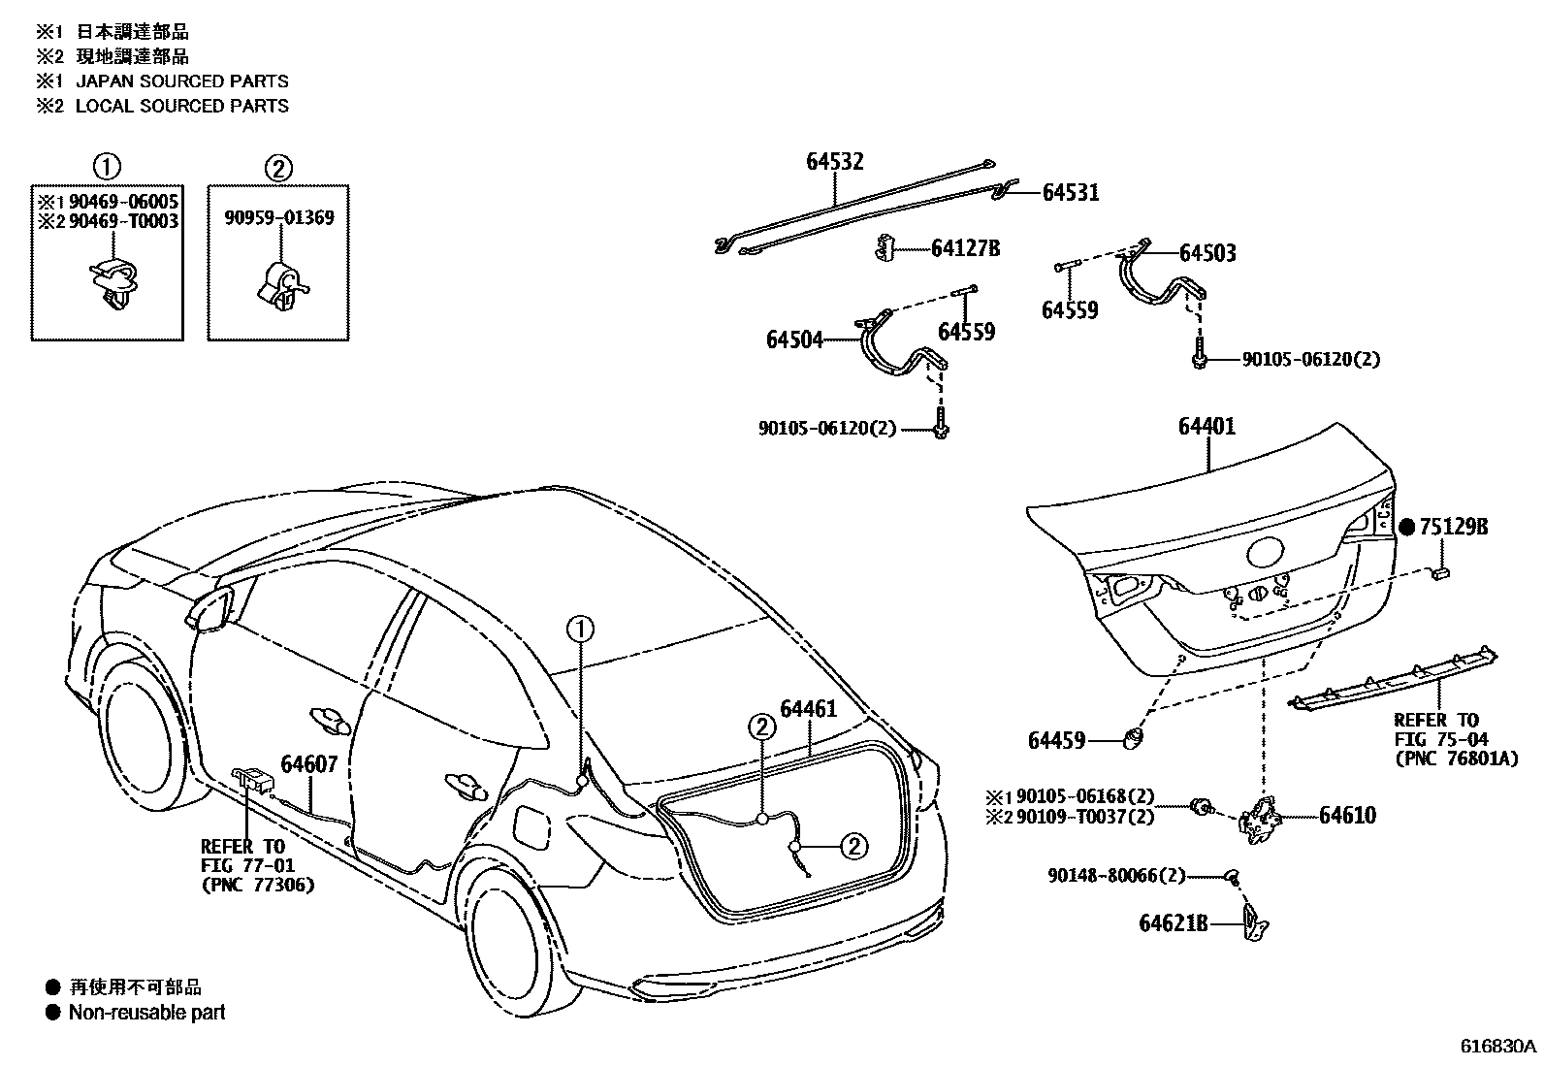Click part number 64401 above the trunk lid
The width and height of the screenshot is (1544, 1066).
pyautogui.click(x=1207, y=427)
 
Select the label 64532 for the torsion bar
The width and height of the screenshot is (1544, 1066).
pyautogui.click(x=834, y=162)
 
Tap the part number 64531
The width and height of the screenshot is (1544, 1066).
pyautogui.click(x=1071, y=192)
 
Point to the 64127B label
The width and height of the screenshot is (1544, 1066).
pyautogui.click(x=965, y=248)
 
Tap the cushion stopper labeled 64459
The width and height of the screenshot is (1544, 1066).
pyautogui.click(x=1133, y=740)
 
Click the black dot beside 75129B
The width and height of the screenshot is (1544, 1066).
pyautogui.click(x=1408, y=527)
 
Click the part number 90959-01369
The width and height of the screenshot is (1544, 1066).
pyautogui.click(x=278, y=217)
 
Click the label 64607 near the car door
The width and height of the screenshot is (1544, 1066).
pyautogui.click(x=309, y=763)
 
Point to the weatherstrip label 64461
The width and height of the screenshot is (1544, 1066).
pyautogui.click(x=808, y=710)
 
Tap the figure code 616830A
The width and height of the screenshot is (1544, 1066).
pyautogui.click(x=1499, y=1047)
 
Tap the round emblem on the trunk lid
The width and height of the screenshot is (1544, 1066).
pyautogui.click(x=1265, y=554)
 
